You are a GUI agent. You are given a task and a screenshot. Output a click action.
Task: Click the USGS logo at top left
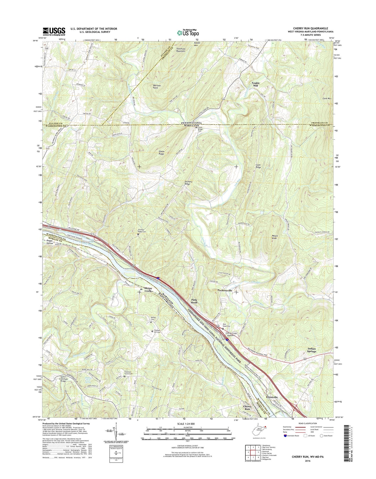coord(54,31)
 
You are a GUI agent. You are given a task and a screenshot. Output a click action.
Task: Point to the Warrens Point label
coord(153,87)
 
